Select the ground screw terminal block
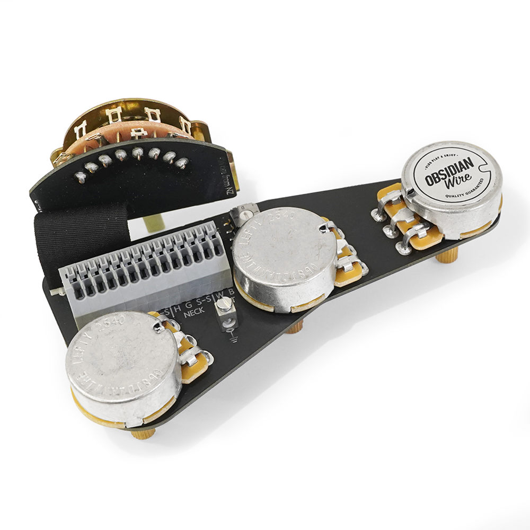pyautogui.click(x=226, y=316)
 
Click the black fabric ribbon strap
pyautogui.click(x=79, y=233)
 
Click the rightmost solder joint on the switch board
pyautogui.click(x=182, y=163)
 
